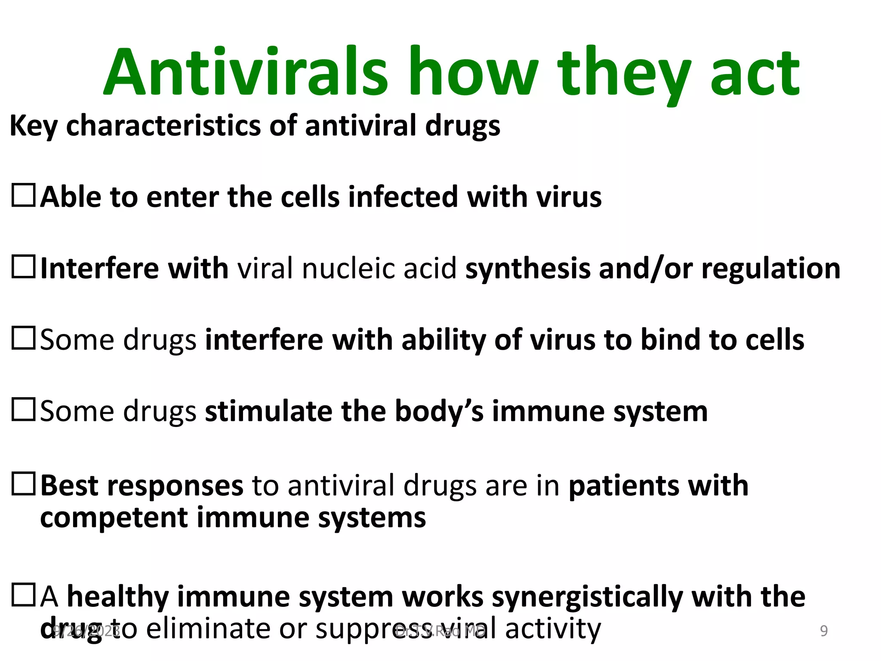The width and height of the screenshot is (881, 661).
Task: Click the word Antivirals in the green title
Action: tap(245, 72)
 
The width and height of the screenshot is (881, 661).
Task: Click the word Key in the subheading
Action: tap(33, 126)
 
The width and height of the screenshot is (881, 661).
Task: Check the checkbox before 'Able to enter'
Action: tap(23, 196)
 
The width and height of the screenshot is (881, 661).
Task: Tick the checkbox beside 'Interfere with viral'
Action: tap(23, 267)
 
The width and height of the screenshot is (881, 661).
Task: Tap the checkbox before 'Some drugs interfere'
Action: tap(23, 338)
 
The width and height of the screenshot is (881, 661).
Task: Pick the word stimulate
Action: tap(268, 411)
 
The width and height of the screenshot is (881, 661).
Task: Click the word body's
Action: tap(439, 412)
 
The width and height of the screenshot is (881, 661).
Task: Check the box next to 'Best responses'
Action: tap(23, 484)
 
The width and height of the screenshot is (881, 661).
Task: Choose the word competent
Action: tap(114, 518)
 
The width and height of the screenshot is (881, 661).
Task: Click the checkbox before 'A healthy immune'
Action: tap(23, 595)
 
